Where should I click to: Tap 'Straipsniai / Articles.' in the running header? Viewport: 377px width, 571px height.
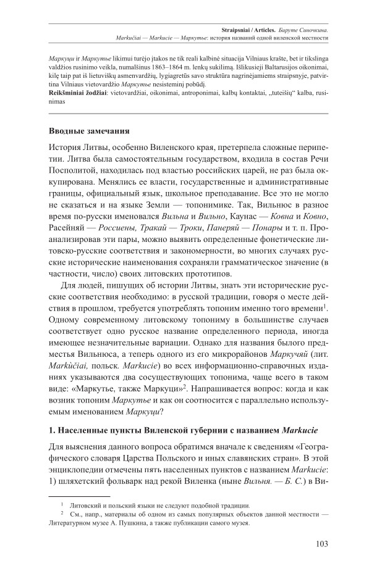pyautogui.click(x=254, y=29)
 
